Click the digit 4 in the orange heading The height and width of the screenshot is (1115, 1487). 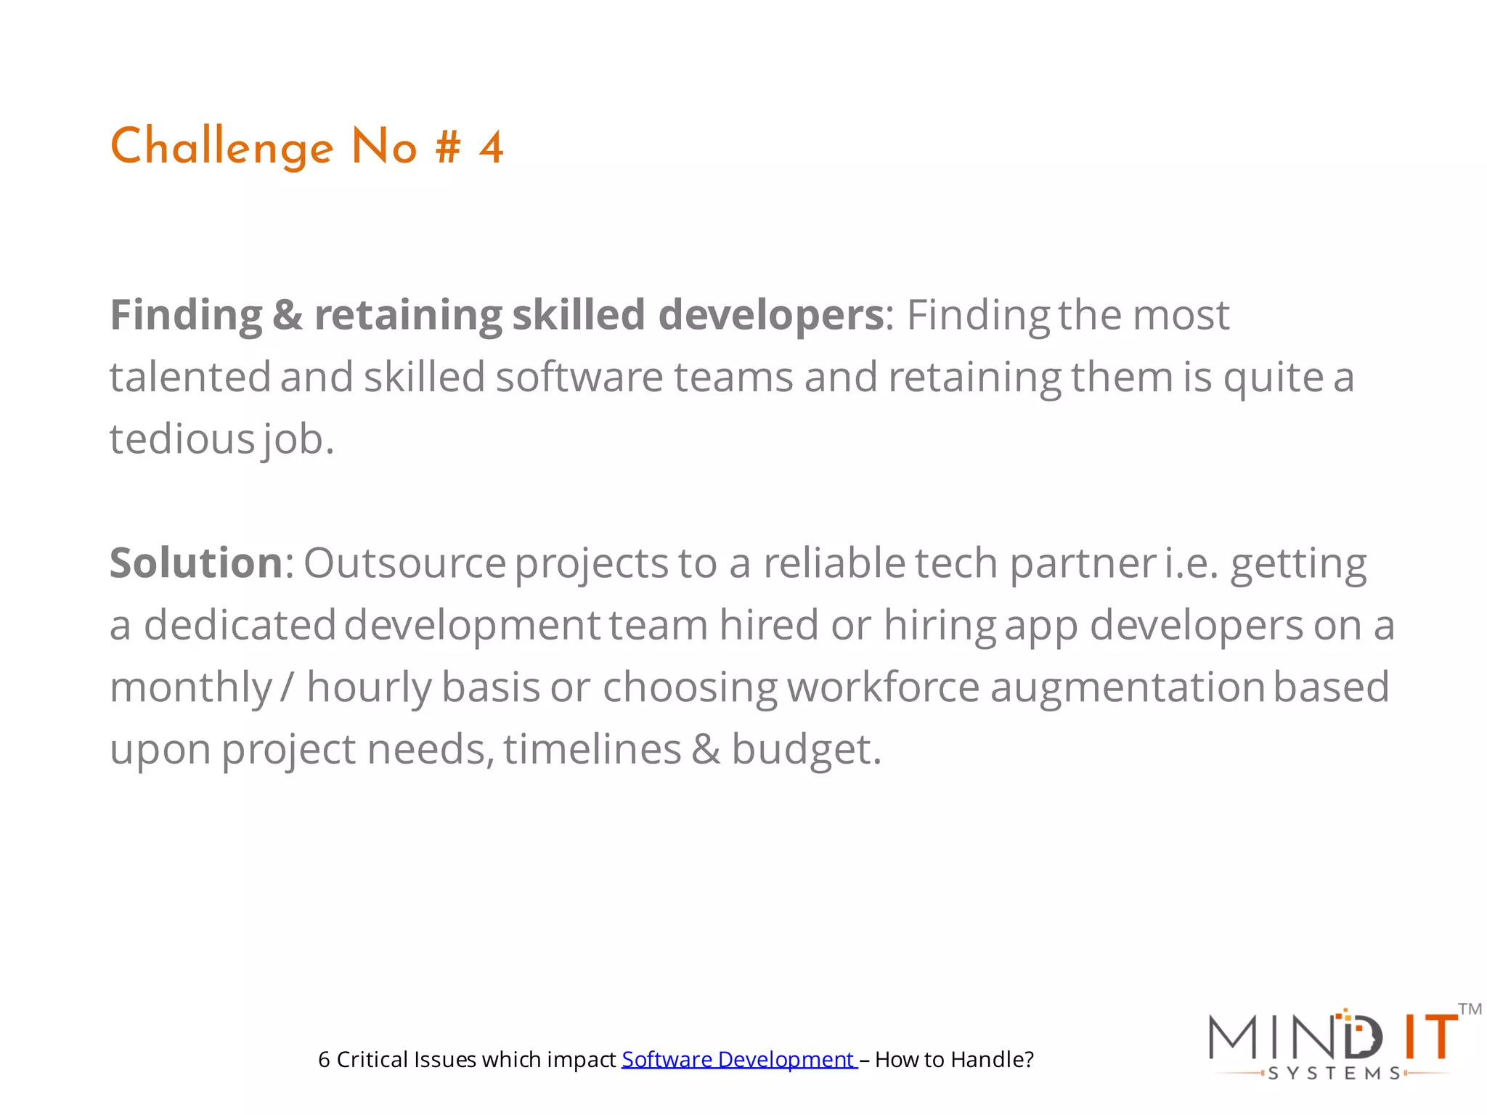(x=491, y=148)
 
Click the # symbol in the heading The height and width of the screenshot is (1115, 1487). (x=448, y=148)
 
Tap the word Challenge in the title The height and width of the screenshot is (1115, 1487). (x=221, y=148)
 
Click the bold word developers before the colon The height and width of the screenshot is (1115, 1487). (x=771, y=315)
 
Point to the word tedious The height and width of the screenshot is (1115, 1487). (x=182, y=439)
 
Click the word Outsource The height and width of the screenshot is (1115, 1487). (x=404, y=563)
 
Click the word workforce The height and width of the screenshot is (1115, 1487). (x=883, y=687)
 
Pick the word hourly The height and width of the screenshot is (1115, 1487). (x=369, y=687)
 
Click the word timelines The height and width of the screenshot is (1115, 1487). (x=592, y=750)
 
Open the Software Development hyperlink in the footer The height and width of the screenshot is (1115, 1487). (x=738, y=1060)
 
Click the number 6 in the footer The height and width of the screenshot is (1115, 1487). (x=324, y=1060)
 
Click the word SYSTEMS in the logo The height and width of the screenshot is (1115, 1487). (x=1335, y=1074)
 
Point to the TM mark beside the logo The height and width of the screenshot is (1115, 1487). (x=1470, y=1009)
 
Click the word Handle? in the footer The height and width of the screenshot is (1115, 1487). (x=992, y=1060)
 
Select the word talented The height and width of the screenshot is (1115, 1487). (x=190, y=377)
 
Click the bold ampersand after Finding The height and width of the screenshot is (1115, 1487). (x=288, y=315)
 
